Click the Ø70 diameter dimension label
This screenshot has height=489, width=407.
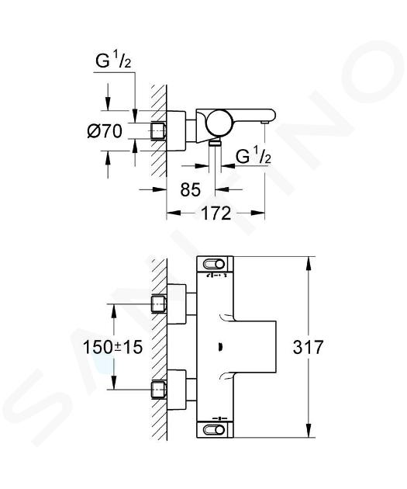click(x=105, y=131)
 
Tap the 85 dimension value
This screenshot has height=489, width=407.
click(x=191, y=189)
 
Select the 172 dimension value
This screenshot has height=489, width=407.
click(x=216, y=213)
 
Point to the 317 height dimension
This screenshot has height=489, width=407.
click(x=308, y=347)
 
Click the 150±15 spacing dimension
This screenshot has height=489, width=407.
click(x=112, y=347)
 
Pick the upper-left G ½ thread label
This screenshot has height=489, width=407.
click(x=113, y=61)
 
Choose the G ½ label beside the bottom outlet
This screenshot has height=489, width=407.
click(x=254, y=156)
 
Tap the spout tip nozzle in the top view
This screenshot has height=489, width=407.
click(x=265, y=123)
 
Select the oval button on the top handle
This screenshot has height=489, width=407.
click(x=214, y=265)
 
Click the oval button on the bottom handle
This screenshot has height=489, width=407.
click(x=214, y=430)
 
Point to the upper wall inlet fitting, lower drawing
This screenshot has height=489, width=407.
click(x=159, y=303)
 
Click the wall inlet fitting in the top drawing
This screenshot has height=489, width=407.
click(x=159, y=131)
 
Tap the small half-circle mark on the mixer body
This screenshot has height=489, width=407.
click(x=220, y=347)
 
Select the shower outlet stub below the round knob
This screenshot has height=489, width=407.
click(x=215, y=143)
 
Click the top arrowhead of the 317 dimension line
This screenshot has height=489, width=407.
click(x=309, y=263)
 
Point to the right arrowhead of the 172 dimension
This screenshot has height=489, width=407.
click(x=257, y=213)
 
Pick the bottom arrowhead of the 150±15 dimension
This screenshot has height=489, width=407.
click(x=114, y=383)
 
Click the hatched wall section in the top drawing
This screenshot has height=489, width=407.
click(x=159, y=131)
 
